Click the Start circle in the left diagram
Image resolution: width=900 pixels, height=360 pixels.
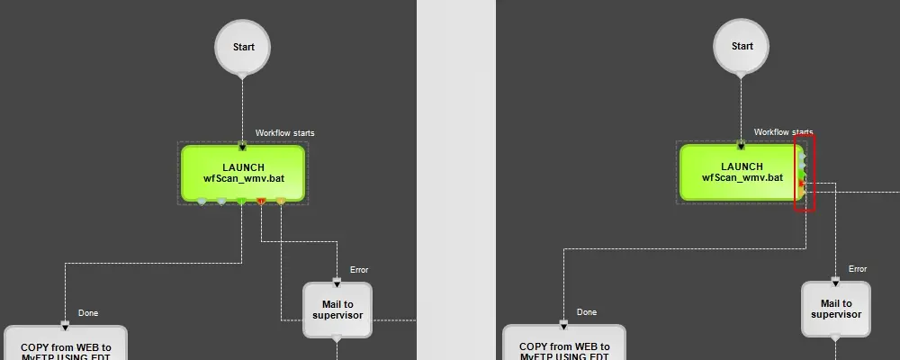tap(242, 47)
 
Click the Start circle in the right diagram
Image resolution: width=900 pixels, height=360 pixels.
tap(742, 47)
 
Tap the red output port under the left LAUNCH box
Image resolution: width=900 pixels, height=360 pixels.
tap(261, 201)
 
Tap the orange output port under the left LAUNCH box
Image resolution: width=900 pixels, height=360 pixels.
tap(281, 201)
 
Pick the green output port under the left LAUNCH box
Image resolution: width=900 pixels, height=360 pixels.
tap(241, 201)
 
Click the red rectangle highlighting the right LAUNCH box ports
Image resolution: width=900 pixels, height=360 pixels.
tap(805, 137)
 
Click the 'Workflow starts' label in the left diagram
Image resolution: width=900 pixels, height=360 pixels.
tap(284, 133)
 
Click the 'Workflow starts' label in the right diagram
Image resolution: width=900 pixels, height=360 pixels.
tap(783, 132)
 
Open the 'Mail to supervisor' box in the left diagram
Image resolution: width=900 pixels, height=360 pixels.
tap(337, 310)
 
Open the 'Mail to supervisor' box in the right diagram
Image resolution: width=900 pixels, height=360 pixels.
tap(836, 310)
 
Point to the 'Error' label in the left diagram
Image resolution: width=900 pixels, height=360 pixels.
tap(359, 269)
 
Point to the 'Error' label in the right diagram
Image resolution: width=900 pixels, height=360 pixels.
tap(858, 269)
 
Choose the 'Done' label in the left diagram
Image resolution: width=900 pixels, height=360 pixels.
tap(87, 312)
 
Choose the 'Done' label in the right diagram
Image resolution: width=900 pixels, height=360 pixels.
tap(586, 312)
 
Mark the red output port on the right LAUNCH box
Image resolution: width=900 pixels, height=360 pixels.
tap(802, 183)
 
